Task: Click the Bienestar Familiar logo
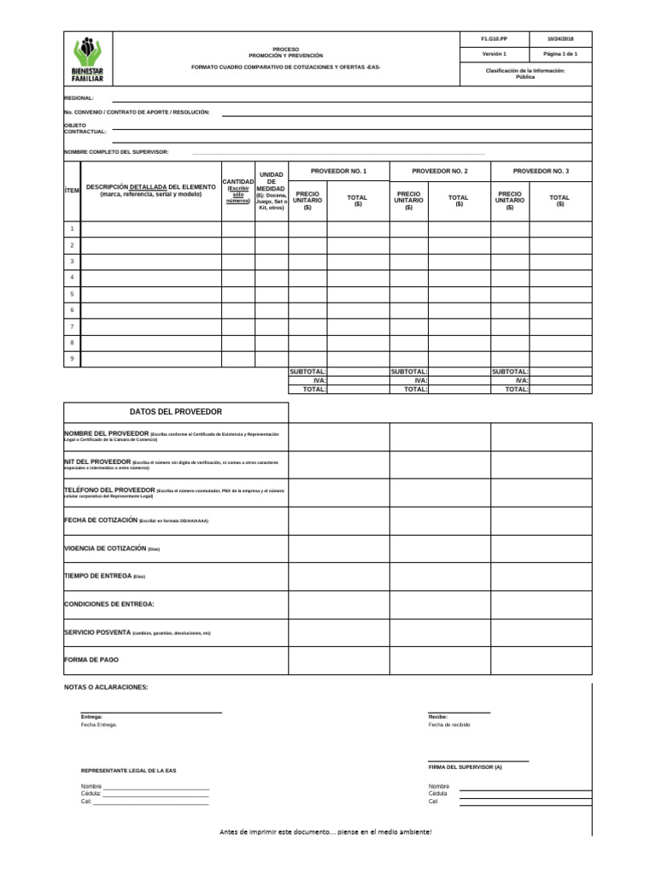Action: (87, 59)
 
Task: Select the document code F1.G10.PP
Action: (494, 39)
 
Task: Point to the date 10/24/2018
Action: (560, 39)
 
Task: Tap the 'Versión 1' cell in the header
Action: (494, 54)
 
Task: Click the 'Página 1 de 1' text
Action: (560, 54)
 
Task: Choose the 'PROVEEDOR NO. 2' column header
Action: (440, 171)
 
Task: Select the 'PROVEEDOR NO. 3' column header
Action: (541, 171)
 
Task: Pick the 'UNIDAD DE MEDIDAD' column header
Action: (271, 191)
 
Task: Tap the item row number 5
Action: (72, 294)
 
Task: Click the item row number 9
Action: (72, 359)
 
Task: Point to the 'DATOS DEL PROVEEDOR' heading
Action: (176, 412)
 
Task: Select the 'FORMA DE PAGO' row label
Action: (91, 661)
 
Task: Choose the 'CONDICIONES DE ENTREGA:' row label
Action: (109, 604)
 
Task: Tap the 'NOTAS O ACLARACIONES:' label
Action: (106, 687)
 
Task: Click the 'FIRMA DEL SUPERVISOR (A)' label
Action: (465, 767)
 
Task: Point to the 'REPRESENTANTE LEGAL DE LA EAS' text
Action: (129, 771)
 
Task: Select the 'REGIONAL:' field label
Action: (79, 98)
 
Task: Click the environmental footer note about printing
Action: (325, 831)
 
